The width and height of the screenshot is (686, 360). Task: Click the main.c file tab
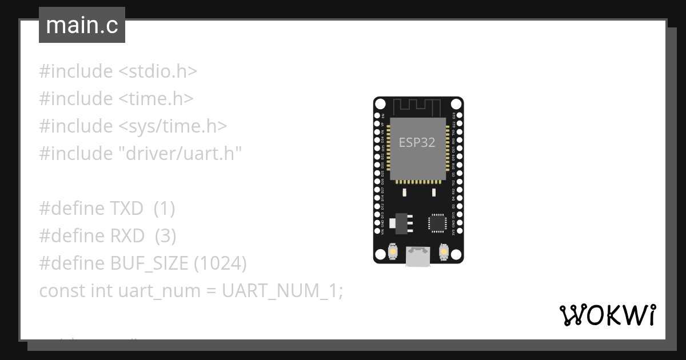(x=82, y=26)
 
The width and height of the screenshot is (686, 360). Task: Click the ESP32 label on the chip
(x=417, y=143)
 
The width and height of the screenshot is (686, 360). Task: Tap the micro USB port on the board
(x=418, y=256)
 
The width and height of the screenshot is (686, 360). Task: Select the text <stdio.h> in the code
(x=158, y=71)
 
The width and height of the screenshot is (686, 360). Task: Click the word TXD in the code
(x=126, y=209)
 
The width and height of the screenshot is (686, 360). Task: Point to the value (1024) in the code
(x=220, y=263)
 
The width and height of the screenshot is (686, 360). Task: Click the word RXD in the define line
(x=126, y=236)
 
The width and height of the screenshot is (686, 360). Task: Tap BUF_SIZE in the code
(x=149, y=263)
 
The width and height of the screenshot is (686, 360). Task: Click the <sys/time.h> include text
(x=173, y=126)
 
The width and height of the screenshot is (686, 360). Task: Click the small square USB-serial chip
(x=437, y=222)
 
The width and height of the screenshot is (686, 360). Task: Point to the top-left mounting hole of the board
(x=381, y=105)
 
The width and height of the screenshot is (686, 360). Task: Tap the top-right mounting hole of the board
(x=456, y=105)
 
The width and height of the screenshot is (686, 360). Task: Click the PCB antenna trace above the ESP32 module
(x=418, y=106)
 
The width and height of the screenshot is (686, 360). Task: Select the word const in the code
(x=62, y=291)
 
